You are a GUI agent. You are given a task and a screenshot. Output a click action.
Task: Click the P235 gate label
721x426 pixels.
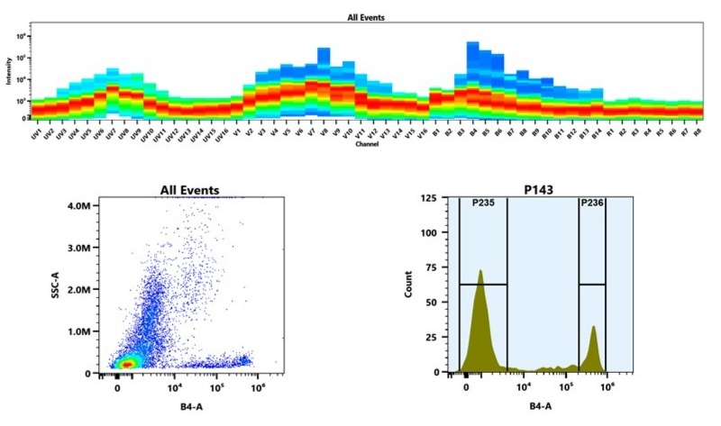point(484,204)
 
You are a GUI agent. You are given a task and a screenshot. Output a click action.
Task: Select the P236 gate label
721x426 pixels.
point(591,204)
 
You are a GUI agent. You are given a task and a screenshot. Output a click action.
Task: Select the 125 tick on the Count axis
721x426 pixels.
point(429,197)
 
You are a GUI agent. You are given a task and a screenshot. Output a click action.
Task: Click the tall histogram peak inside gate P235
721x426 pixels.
point(481,272)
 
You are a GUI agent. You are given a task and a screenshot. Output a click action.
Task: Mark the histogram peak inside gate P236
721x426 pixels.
point(594,329)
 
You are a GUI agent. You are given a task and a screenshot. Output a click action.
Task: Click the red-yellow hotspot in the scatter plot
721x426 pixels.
point(129,362)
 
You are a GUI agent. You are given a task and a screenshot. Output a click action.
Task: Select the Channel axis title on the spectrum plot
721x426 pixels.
point(367,144)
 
